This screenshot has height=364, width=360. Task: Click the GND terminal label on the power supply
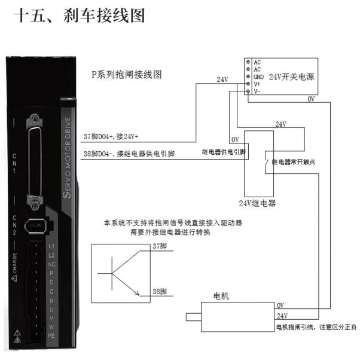[x=258, y=77]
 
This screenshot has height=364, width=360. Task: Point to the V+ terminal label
[x=257, y=84]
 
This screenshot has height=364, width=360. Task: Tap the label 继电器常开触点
[x=297, y=162]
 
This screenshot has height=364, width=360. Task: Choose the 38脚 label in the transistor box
[x=158, y=291]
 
